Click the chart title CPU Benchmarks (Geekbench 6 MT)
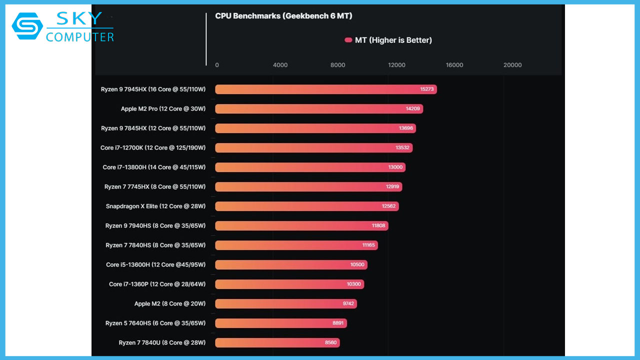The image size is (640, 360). click(283, 16)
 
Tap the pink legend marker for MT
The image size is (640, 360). click(348, 40)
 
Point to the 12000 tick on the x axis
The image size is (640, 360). click(396, 65)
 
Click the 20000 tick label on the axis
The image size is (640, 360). click(512, 65)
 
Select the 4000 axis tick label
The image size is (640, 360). click(280, 65)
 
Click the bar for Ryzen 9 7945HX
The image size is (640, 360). click(325, 89)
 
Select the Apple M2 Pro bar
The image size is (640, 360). click(318, 109)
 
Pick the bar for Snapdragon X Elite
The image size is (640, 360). click(306, 206)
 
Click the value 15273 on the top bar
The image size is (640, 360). click(427, 89)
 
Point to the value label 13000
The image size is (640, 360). click(395, 167)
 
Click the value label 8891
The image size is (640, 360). click(338, 323)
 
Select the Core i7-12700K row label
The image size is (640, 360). click(152, 148)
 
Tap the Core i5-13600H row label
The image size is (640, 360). click(155, 264)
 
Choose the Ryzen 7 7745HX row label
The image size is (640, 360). click(154, 187)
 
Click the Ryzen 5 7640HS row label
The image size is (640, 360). click(155, 323)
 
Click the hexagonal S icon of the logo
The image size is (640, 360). click(27, 26)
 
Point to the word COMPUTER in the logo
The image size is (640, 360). click(80, 37)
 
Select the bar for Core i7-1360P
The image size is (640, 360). click(289, 284)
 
